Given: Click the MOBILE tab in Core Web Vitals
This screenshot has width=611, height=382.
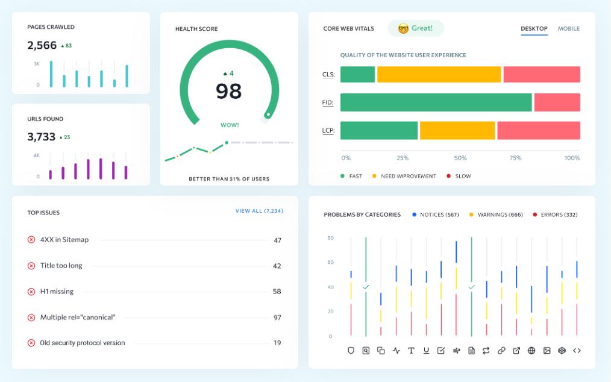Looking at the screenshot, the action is (x=569, y=28).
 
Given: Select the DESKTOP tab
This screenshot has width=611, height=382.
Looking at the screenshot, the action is (x=534, y=28).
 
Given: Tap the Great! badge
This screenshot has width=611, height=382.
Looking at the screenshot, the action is (x=416, y=28).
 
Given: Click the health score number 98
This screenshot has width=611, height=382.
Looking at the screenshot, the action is (x=229, y=91).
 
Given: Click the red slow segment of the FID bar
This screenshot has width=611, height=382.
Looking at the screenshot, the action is (x=557, y=102).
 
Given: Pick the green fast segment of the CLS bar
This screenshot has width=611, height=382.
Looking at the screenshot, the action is (x=357, y=75).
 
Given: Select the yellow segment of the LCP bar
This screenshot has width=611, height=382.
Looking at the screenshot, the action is (x=457, y=131).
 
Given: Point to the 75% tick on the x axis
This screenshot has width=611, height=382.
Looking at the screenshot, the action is (x=515, y=158).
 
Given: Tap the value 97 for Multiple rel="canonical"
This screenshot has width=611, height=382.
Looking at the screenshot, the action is (x=277, y=318).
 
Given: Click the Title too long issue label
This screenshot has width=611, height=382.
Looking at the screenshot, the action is (x=61, y=266).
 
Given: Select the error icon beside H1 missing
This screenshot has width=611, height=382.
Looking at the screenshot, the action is (x=31, y=292).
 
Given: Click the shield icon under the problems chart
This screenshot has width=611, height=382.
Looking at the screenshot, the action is (x=351, y=351).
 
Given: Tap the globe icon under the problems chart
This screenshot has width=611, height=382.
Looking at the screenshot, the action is (x=531, y=351).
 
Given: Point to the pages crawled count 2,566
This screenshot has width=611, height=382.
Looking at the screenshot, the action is (x=42, y=45).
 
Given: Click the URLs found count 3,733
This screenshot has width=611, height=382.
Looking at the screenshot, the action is (x=42, y=137).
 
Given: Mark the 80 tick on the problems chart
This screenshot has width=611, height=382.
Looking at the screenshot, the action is (x=330, y=238).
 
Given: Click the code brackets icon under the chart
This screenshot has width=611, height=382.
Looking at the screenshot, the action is (x=577, y=351).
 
